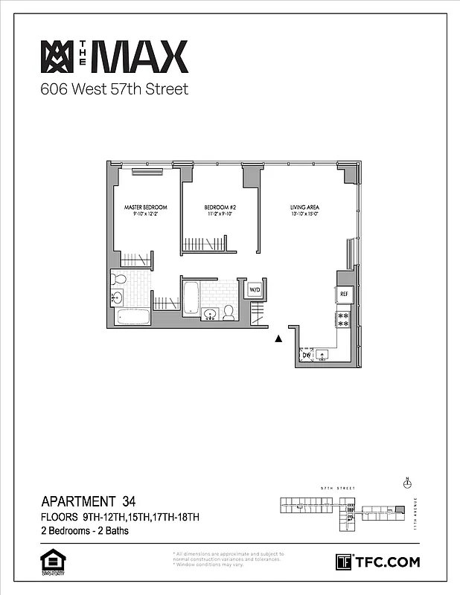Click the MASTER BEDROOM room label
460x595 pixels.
coord(146,207)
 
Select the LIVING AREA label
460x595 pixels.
coord(304,207)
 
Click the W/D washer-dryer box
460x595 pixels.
coord(255,289)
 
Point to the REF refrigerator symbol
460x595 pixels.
coord(344,295)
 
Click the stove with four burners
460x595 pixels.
coord(344,319)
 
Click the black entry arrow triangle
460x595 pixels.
coord(279,339)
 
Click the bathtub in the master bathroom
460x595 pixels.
coord(132,318)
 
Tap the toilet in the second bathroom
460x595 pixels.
coord(229,312)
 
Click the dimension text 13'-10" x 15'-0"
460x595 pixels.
coord(304,214)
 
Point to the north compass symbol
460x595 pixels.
coord(406,483)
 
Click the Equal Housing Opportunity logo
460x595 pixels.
coord(51,561)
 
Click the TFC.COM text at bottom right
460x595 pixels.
coord(386,562)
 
